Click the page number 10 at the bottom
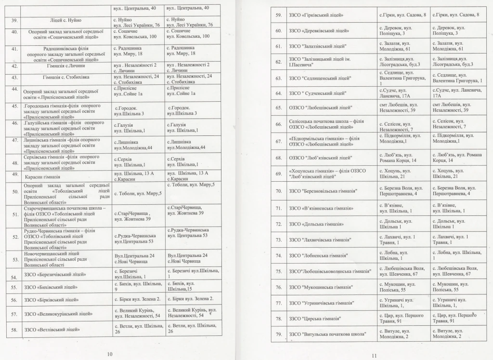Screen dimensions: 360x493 (x=109, y=354)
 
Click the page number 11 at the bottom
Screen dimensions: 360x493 (x=374, y=356)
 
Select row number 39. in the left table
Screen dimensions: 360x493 (x=14, y=21)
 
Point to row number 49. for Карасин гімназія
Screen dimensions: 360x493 (x=14, y=174)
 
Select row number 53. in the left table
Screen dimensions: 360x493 (x=14, y=259)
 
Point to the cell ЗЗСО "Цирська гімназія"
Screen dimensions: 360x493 (x=315, y=319)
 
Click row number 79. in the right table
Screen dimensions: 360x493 (x=278, y=334)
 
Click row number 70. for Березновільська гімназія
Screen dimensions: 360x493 (x=278, y=191)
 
